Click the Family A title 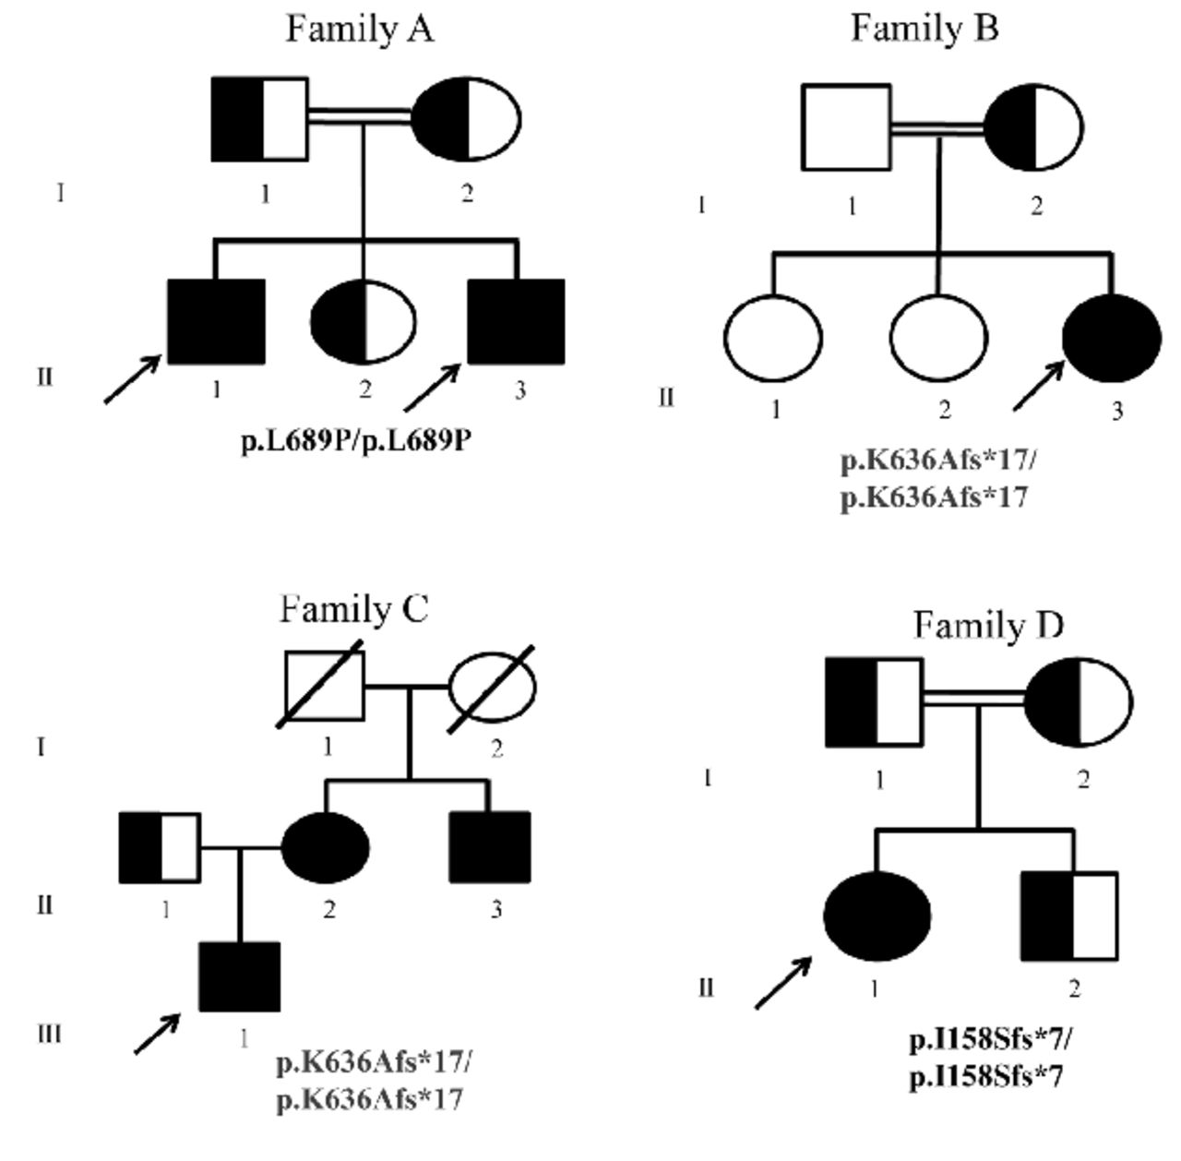pyautogui.click(x=359, y=30)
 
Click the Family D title pyautogui.click(x=988, y=626)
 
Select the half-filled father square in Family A pyautogui.click(x=260, y=119)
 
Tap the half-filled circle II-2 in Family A pyautogui.click(x=364, y=321)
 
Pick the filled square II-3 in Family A pyautogui.click(x=517, y=321)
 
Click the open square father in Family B pyautogui.click(x=847, y=127)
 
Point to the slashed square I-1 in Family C pyautogui.click(x=325, y=688)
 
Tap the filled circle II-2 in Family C pyautogui.click(x=325, y=846)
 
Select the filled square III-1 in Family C pyautogui.click(x=240, y=976)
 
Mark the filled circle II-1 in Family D pyautogui.click(x=876, y=916)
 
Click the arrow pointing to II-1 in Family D pyautogui.click(x=782, y=983)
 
